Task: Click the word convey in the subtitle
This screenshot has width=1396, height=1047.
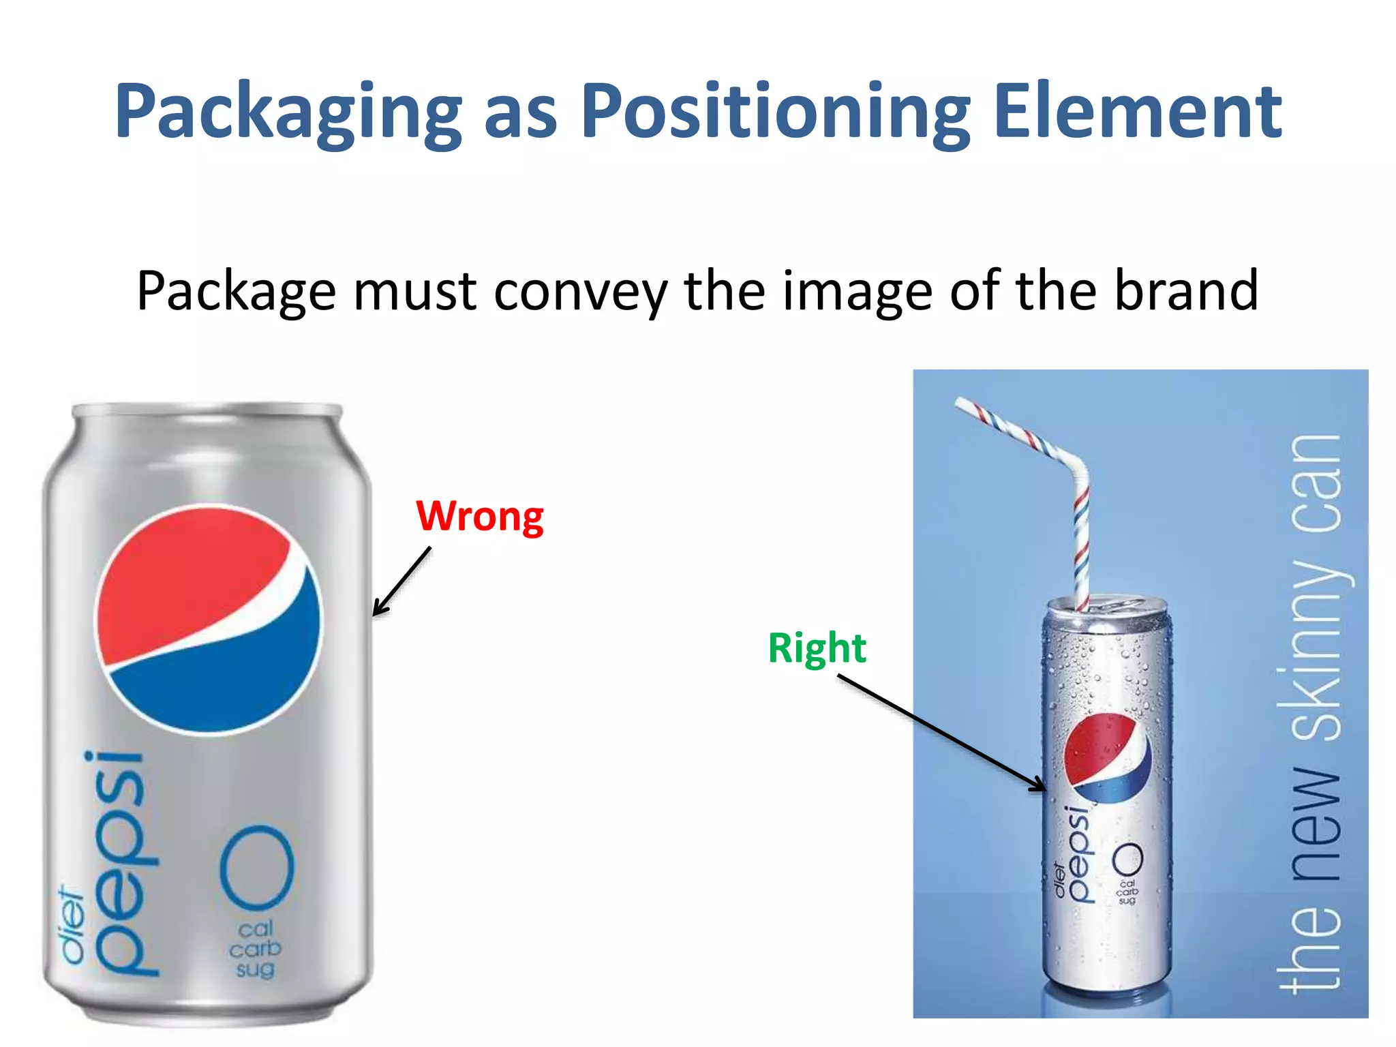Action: pyautogui.click(x=580, y=292)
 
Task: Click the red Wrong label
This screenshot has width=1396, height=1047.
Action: pyautogui.click(x=480, y=516)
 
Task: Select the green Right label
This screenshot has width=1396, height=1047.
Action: pyautogui.click(x=817, y=648)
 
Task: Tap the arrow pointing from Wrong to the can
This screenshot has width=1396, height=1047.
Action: pyautogui.click(x=401, y=581)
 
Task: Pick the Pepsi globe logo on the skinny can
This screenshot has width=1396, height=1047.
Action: pyautogui.click(x=1107, y=757)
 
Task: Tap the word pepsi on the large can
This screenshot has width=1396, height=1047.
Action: pyautogui.click(x=123, y=863)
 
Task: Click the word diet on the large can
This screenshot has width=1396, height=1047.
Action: pyautogui.click(x=71, y=924)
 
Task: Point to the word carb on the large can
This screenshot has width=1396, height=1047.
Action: pyautogui.click(x=255, y=949)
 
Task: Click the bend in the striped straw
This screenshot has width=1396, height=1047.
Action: pyautogui.click(x=1076, y=470)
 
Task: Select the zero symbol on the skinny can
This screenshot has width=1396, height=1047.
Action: pyautogui.click(x=1127, y=860)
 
